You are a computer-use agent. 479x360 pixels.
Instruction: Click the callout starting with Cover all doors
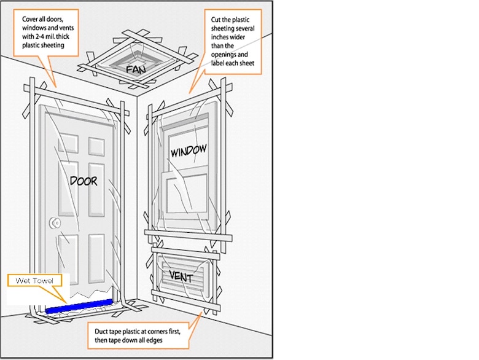pyautogui.click(x=49, y=29)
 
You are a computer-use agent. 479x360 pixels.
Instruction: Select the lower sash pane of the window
pyautogui.click(x=187, y=194)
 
